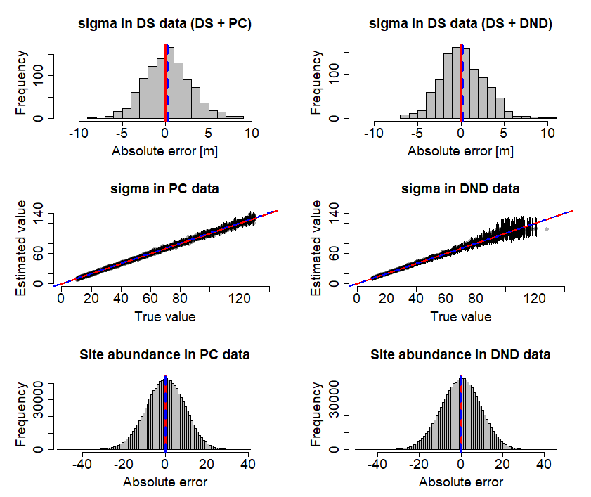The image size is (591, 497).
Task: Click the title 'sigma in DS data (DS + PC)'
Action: point(165,25)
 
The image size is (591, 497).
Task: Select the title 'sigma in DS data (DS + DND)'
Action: point(461,25)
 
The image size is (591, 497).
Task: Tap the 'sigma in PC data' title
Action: point(165,189)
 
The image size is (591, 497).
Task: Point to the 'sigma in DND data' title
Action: point(461,189)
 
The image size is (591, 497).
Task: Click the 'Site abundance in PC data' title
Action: point(165,355)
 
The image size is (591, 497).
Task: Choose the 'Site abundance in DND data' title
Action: point(461,355)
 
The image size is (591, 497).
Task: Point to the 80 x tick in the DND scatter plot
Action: point(476,298)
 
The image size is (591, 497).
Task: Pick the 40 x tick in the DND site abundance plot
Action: point(543,465)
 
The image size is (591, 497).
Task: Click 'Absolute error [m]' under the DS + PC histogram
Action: point(165,151)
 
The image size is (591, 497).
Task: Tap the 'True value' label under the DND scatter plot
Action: point(461,317)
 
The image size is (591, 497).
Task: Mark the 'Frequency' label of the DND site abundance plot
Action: point(318,415)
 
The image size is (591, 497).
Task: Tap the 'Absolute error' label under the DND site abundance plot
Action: point(461,482)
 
